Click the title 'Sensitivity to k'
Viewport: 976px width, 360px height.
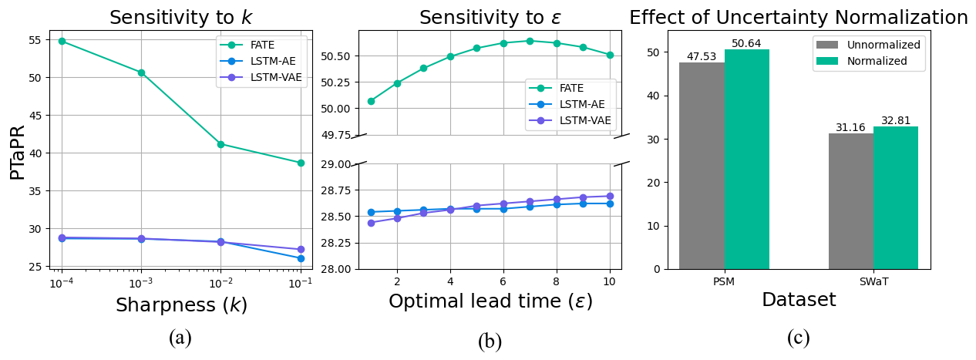180,18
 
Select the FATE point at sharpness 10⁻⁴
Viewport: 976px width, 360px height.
62,41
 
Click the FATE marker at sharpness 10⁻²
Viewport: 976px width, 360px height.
220,144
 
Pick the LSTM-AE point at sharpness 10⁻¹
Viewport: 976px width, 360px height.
301,258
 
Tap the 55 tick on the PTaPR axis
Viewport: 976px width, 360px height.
36,40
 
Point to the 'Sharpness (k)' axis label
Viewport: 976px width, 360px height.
181,304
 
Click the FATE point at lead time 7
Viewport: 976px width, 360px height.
530,41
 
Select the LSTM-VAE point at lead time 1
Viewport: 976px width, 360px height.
371,223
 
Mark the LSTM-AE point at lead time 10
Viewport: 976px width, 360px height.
610,204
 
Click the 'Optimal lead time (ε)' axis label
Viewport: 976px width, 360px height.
490,301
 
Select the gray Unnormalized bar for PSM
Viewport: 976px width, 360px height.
702,166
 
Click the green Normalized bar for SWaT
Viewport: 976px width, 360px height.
896,198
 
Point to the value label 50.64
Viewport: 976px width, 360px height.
747,43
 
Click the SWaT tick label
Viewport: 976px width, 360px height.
873,281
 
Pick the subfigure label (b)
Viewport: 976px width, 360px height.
490,341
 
